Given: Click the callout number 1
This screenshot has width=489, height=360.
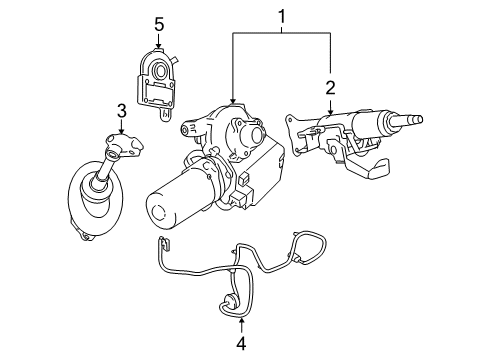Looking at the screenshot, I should coord(281,17).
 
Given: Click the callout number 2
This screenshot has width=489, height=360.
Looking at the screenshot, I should coord(329,87).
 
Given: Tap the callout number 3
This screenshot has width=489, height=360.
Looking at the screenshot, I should coord(120,109).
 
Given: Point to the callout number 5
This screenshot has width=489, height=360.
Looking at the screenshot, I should coord(158,21).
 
